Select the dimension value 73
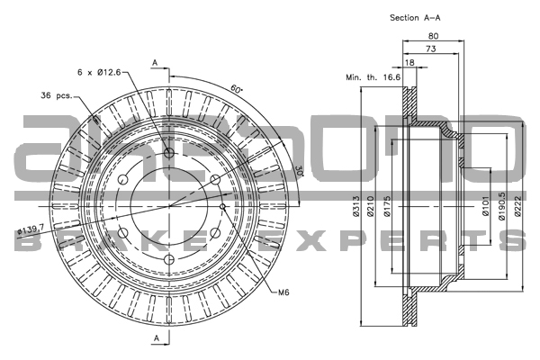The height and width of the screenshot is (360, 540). (x=432, y=49)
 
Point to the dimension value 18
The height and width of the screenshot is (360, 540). (x=409, y=63)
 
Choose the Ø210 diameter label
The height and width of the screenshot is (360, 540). (x=374, y=212)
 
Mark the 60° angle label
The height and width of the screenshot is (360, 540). (x=236, y=90)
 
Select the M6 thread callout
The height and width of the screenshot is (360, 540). (x=283, y=292)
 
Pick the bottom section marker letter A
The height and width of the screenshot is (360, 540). (x=155, y=337)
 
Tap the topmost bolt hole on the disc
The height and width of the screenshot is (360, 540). (x=169, y=155)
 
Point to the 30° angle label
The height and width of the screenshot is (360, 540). (x=298, y=171)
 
